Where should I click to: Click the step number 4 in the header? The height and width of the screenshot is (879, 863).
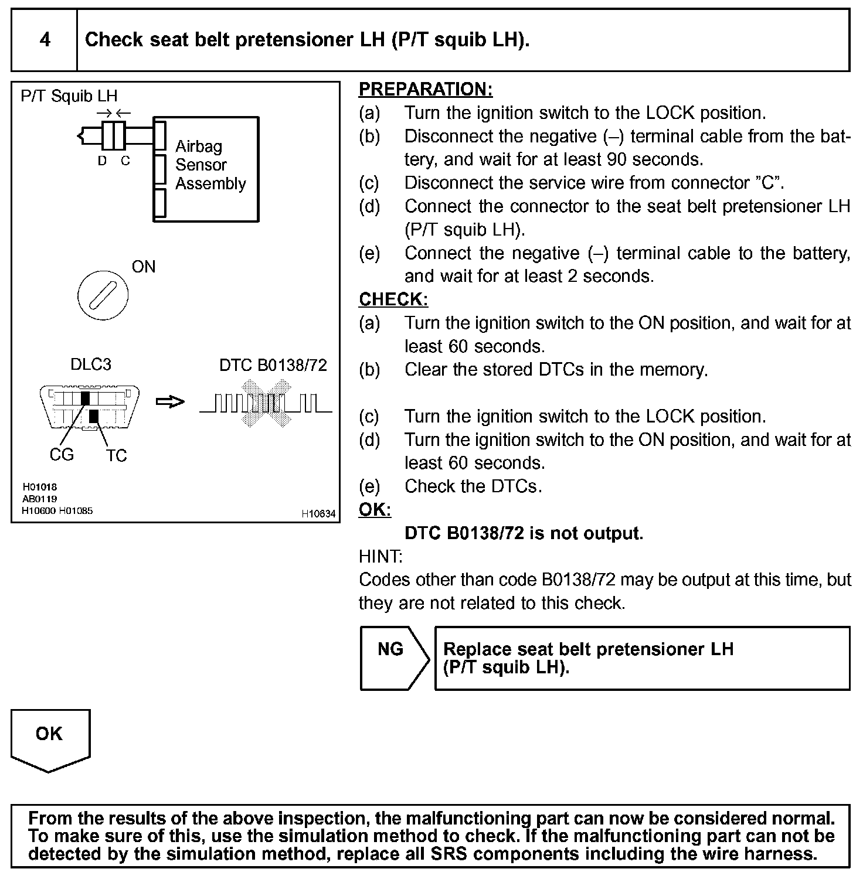pyautogui.click(x=45, y=40)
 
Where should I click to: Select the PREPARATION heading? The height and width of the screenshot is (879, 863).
pyautogui.click(x=425, y=90)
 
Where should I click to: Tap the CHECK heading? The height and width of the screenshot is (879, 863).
pyautogui.click(x=393, y=299)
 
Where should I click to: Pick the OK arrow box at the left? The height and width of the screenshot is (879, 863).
pyautogui.click(x=50, y=738)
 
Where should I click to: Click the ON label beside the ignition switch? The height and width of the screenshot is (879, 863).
pyautogui.click(x=144, y=267)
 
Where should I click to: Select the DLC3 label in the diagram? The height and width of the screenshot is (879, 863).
pyautogui.click(x=90, y=364)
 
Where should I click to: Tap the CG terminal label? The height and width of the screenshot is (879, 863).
pyautogui.click(x=62, y=454)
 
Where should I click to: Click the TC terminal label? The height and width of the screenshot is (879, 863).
pyautogui.click(x=117, y=455)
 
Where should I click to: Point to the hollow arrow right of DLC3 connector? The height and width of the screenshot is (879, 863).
pyautogui.click(x=170, y=402)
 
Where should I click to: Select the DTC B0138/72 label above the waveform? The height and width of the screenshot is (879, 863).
pyautogui.click(x=273, y=365)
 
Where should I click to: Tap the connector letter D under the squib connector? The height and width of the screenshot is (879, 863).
pyautogui.click(x=103, y=161)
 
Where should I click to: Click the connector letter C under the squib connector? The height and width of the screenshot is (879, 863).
pyautogui.click(x=125, y=161)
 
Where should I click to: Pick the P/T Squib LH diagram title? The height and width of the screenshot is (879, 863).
pyautogui.click(x=69, y=96)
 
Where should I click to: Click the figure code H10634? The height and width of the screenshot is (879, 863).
pyautogui.click(x=318, y=514)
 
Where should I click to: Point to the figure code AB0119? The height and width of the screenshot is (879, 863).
pyautogui.click(x=39, y=499)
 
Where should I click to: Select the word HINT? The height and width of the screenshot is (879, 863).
pyautogui.click(x=380, y=556)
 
